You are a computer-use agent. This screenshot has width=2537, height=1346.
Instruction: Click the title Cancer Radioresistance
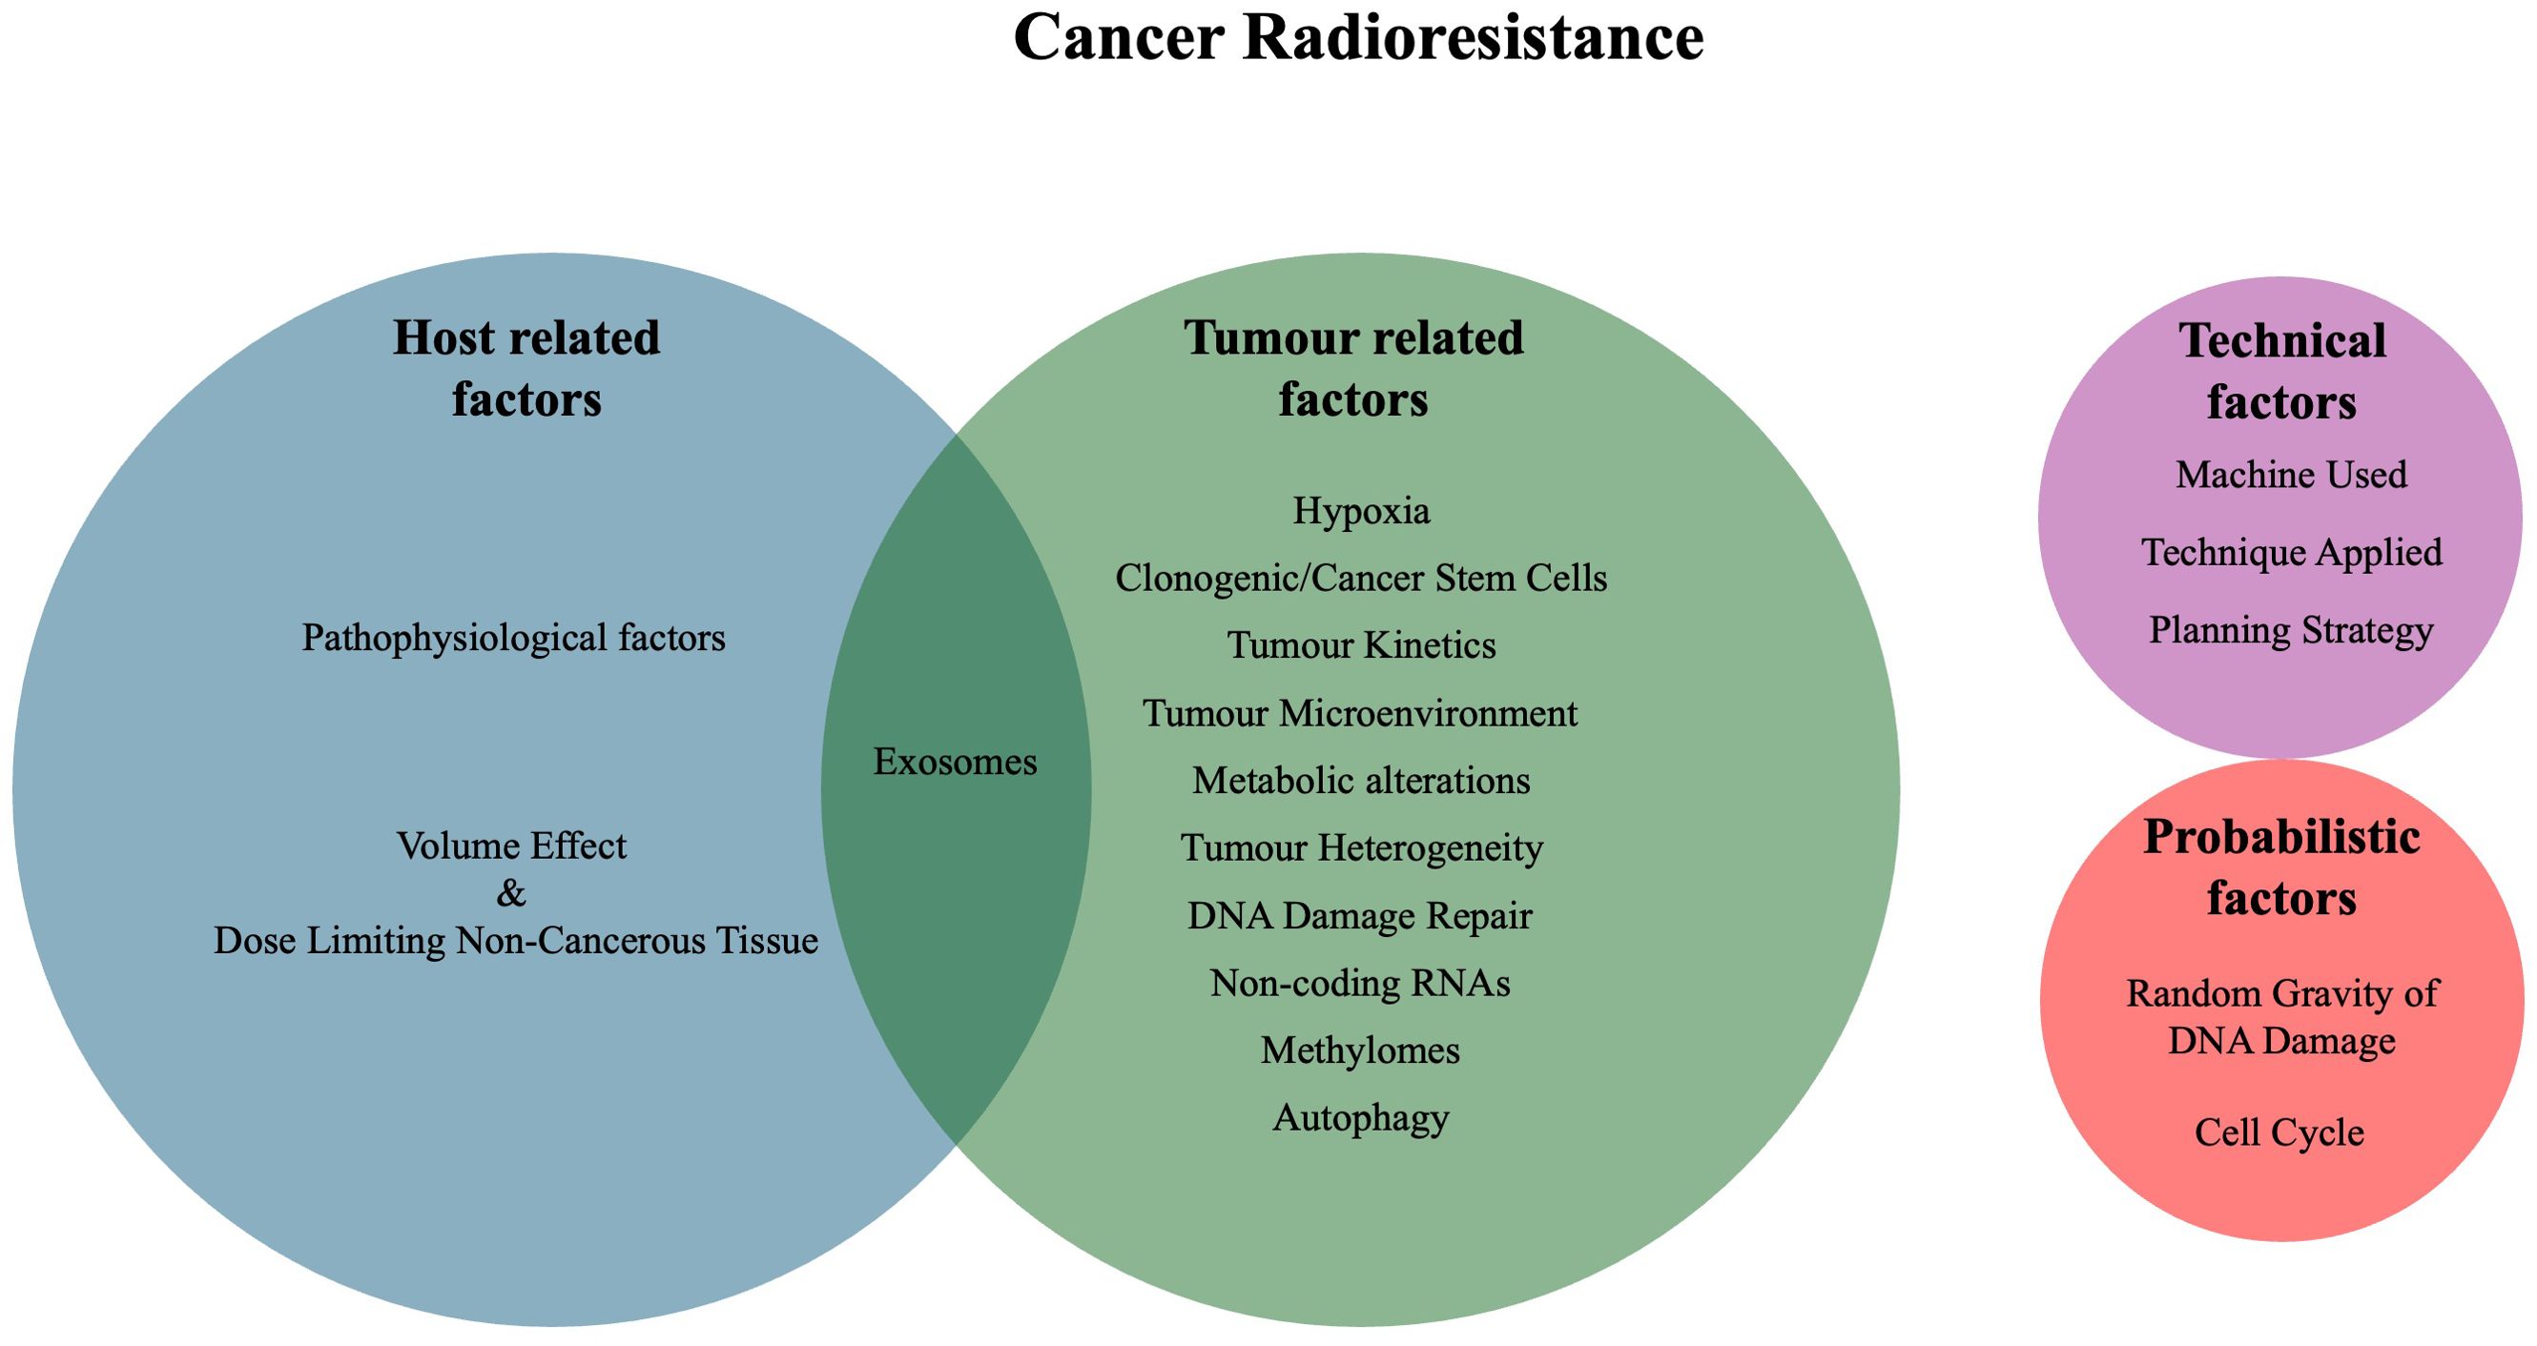[x=1358, y=38]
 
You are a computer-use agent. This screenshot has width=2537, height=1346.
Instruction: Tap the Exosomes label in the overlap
[x=956, y=762]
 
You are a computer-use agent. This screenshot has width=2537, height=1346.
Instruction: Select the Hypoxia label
[x=1361, y=511]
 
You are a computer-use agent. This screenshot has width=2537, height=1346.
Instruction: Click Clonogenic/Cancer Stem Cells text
[x=1361, y=578]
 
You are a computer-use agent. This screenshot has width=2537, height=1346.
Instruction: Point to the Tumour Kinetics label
[x=1361, y=646]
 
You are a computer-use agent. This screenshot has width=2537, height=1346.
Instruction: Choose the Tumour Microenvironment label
[x=1360, y=713]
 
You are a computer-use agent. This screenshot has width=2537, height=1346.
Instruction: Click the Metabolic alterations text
[x=1361, y=781]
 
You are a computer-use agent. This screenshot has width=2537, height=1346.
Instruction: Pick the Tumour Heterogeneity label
[x=1362, y=848]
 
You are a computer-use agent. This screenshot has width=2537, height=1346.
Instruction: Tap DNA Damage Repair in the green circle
[x=1360, y=916]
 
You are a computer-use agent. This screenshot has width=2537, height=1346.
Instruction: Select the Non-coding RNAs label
[x=1360, y=983]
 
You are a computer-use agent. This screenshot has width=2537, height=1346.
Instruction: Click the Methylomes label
[x=1360, y=1050]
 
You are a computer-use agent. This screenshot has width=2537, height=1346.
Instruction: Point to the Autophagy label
[x=1361, y=1118]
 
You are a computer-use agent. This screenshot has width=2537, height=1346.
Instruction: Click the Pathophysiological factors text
[x=513, y=639]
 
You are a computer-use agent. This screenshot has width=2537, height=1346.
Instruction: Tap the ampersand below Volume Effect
[x=511, y=894]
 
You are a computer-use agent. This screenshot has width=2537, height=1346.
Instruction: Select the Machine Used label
[x=2291, y=475]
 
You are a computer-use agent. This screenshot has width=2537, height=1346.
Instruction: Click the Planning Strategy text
[x=2291, y=631]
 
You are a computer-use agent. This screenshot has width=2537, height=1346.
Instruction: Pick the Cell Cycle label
[x=2279, y=1133]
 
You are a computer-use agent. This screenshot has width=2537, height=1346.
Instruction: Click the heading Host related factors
[x=526, y=368]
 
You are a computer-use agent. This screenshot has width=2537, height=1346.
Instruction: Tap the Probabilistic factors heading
[x=2281, y=867]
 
